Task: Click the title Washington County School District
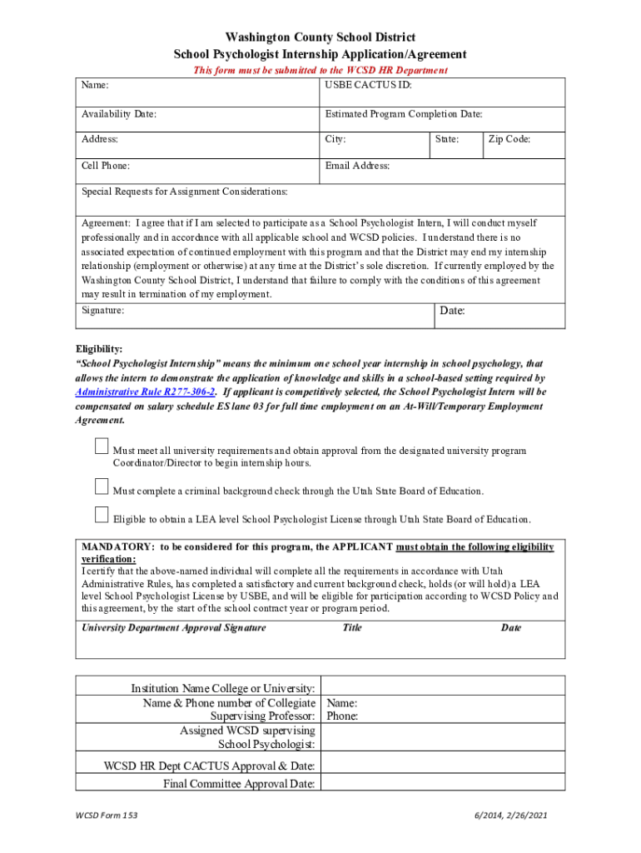pos(320,37)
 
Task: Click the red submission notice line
pos(320,71)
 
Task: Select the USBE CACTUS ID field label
pos(368,85)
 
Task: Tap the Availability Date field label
pos(119,114)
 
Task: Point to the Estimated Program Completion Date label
pos(404,114)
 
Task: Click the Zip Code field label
pos(509,140)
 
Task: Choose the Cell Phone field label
pos(105,166)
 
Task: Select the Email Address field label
pos(357,166)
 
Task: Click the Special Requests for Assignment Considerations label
pos(184,192)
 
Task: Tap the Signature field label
pos(103,310)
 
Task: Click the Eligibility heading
pos(99,349)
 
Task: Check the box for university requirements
pos(102,447)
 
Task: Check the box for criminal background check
pos(102,486)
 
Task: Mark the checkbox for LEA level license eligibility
pos(102,514)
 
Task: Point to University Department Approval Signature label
pos(173,627)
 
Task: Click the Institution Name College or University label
pos(222,688)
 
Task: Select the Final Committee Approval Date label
pos(239,783)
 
